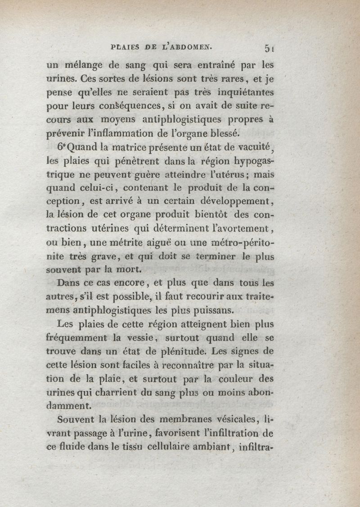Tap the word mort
click(x=117, y=270)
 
